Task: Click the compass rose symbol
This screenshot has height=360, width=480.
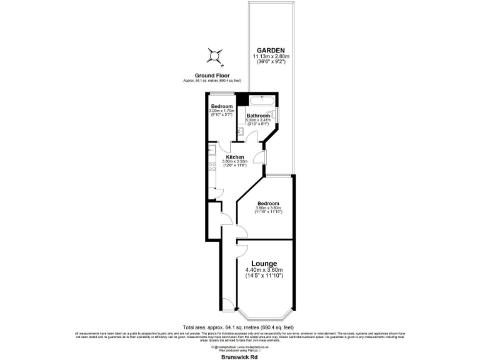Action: click(215, 57)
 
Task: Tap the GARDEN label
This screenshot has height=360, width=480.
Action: click(271, 51)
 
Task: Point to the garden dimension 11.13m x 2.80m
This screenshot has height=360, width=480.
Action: click(271, 57)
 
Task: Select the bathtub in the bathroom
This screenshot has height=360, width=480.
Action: click(258, 100)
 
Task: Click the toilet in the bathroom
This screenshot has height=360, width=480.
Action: click(276, 115)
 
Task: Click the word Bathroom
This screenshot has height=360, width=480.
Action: click(257, 116)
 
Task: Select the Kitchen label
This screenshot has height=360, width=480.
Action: click(235, 157)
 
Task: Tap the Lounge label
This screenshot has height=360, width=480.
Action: click(264, 264)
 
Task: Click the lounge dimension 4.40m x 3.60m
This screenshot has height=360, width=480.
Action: click(264, 270)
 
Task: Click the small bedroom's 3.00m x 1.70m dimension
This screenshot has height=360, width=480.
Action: click(222, 111)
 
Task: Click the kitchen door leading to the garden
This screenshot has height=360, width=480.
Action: click(262, 157)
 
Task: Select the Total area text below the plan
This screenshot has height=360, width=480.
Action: click(240, 327)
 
